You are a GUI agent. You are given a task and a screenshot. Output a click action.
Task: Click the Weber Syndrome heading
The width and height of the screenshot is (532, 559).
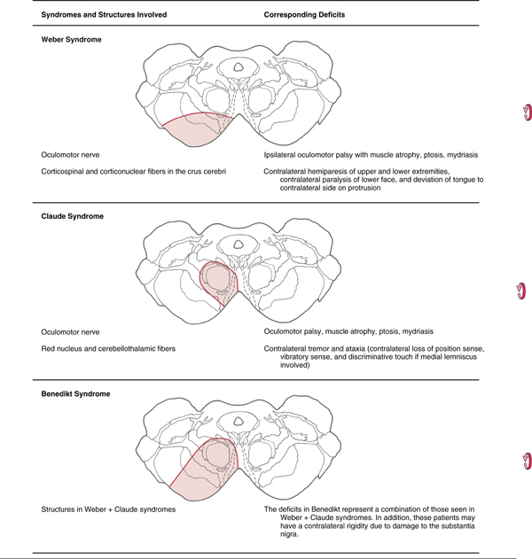click(71, 40)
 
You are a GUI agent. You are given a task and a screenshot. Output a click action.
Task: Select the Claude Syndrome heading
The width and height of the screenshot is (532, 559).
click(72, 216)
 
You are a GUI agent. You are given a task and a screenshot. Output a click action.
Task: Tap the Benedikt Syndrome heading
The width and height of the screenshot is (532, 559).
click(75, 394)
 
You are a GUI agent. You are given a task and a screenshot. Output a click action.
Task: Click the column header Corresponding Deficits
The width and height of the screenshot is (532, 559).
click(304, 15)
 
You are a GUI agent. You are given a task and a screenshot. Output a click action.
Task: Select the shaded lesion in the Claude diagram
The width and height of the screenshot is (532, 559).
click(217, 283)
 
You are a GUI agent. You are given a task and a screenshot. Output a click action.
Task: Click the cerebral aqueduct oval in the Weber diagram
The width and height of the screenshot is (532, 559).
click(239, 66)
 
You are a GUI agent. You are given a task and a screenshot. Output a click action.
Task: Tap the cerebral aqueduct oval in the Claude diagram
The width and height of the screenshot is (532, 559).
click(239, 244)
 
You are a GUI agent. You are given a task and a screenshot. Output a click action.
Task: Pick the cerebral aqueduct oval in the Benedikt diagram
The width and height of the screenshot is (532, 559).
click(239, 422)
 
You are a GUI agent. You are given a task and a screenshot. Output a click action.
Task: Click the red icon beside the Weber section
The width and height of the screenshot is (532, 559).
click(526, 113)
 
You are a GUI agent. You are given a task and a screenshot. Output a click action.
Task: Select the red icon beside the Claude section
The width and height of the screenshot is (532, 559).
click(522, 291)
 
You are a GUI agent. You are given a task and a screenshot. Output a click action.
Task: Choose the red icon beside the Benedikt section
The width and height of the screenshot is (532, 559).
click(526, 460)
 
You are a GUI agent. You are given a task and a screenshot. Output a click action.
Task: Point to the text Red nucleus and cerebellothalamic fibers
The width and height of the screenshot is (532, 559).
click(108, 349)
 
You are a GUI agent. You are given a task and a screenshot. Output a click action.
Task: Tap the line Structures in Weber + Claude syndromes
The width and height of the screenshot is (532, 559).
click(108, 509)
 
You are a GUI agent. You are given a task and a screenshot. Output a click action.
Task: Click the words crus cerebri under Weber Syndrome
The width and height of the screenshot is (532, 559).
click(212, 171)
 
